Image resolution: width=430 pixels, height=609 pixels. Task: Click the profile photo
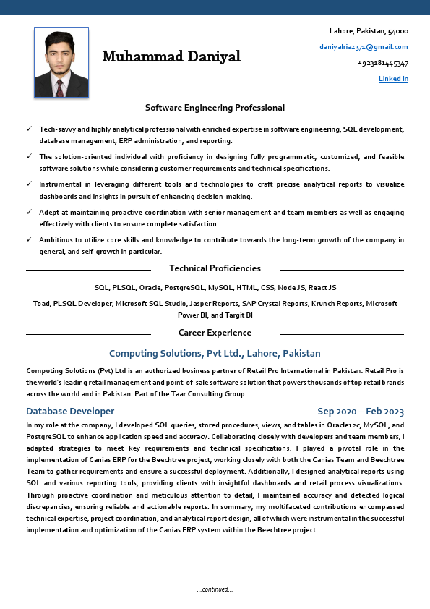click(61, 63)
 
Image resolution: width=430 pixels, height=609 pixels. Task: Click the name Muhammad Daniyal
click(171, 56)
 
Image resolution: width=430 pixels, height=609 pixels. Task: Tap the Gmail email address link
click(364, 47)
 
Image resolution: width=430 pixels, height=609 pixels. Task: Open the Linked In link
click(393, 79)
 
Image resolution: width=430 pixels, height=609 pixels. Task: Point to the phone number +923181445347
click(382, 63)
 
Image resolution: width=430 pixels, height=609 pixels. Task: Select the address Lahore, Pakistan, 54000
click(369, 31)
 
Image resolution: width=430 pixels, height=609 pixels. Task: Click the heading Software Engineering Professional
click(215, 108)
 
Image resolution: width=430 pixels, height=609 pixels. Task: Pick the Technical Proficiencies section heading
click(215, 268)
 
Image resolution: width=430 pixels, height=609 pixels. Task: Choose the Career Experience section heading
click(215, 333)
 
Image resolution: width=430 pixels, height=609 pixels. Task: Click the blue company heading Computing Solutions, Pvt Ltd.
click(215, 354)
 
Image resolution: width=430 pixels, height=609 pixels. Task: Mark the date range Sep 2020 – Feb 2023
click(361, 411)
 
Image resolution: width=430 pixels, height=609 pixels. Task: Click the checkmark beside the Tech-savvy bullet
click(29, 128)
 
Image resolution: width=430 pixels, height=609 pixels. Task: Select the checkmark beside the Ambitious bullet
click(29, 239)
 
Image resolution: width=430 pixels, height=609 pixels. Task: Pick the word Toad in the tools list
click(41, 304)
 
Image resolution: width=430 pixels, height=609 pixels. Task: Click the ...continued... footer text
click(215, 589)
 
